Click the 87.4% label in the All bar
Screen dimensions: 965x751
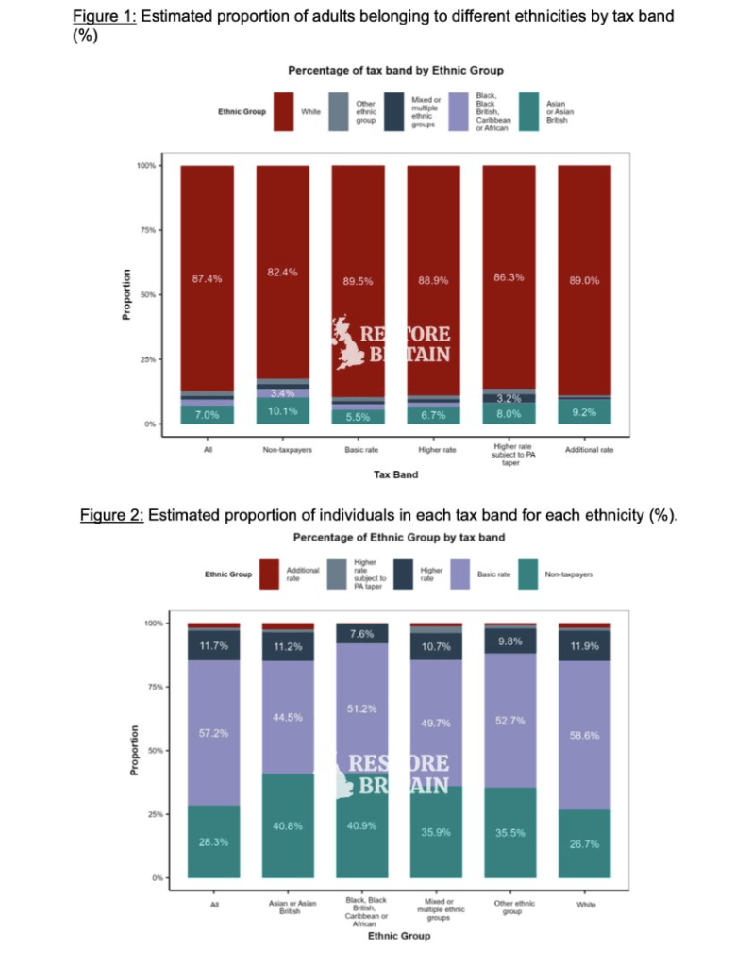[208, 279]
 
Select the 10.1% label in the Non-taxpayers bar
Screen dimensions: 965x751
[283, 411]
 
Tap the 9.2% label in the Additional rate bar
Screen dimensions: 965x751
[584, 413]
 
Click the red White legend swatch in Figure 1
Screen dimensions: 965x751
[283, 111]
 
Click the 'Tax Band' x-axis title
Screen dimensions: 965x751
[395, 474]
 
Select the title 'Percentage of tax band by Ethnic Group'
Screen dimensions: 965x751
[395, 70]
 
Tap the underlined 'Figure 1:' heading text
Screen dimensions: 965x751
[104, 18]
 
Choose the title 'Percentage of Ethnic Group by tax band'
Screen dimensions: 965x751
[395, 537]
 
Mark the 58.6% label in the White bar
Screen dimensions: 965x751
[584, 734]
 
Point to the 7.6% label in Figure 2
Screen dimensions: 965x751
[361, 633]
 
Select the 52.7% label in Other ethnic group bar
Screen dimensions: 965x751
[509, 720]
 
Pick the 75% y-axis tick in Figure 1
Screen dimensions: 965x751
[148, 230]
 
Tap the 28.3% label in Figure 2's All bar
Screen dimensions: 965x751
[213, 841]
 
